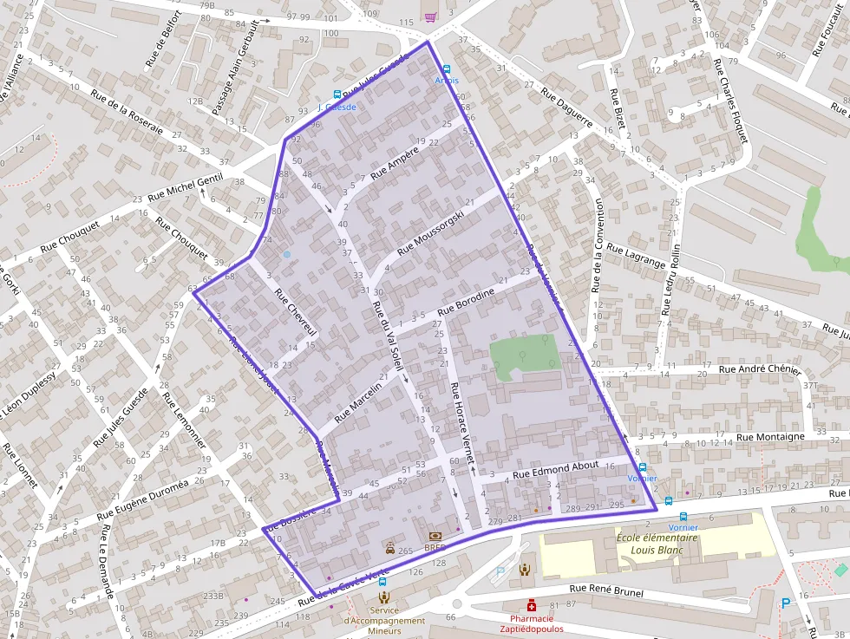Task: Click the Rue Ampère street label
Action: coord(395,162)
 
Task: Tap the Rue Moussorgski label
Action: coord(437,233)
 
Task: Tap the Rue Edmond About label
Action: coord(555,469)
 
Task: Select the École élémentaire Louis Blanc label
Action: coord(657,544)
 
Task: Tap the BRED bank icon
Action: coord(435,537)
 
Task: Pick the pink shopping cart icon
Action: coord(430,16)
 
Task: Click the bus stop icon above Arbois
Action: coord(447,68)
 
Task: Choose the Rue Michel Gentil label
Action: coord(185,188)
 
